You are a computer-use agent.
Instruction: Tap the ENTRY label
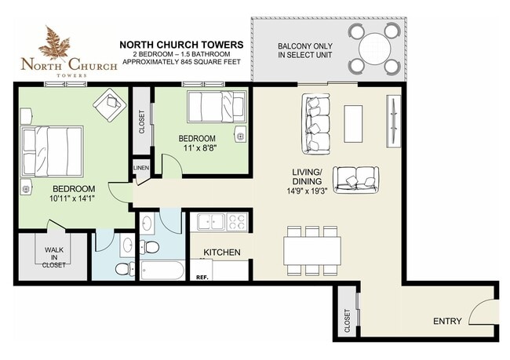click(447, 322)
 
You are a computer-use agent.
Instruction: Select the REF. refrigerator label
click(202, 278)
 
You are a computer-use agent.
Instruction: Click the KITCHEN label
click(222, 252)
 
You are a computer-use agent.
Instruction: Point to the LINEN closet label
click(141, 168)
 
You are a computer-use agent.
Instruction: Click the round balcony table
click(374, 49)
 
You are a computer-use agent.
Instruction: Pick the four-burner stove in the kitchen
click(237, 222)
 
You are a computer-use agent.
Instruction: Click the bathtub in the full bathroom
click(162, 270)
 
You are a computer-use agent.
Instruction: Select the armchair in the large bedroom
click(109, 103)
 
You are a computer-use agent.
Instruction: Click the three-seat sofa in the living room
click(315, 124)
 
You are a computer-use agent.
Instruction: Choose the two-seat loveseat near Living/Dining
click(356, 180)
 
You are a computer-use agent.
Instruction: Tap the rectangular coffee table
click(353, 124)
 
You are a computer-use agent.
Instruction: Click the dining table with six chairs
click(312, 251)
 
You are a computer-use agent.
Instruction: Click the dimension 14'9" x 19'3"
click(305, 191)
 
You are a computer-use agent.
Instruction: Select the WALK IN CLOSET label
click(54, 257)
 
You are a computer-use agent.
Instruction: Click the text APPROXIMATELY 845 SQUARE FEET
click(181, 61)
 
